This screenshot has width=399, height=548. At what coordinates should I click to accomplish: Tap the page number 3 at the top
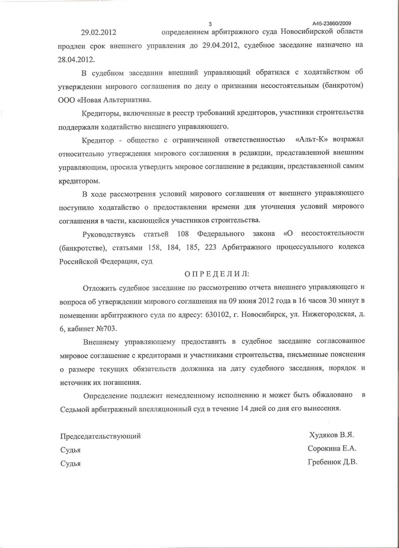pyautogui.click(x=210, y=23)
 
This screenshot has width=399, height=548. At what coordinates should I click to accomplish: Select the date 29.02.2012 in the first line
pyautogui.click(x=99, y=32)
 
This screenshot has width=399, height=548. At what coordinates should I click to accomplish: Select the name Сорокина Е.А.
pyautogui.click(x=332, y=448)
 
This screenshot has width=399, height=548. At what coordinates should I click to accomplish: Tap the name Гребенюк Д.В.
pyautogui.click(x=333, y=462)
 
